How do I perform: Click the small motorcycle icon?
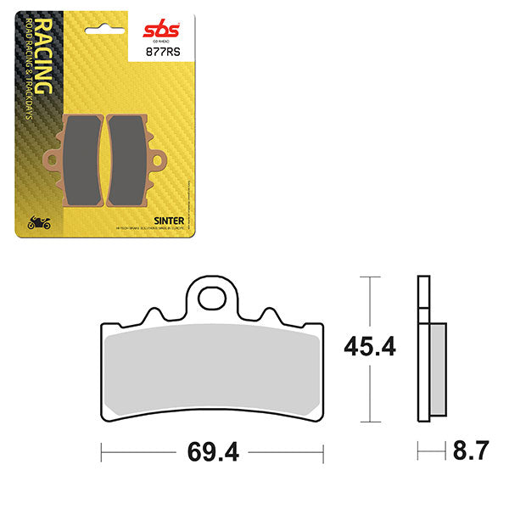point(39,223)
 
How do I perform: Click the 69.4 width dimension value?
point(212,452)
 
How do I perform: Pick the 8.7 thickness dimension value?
point(471,451)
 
